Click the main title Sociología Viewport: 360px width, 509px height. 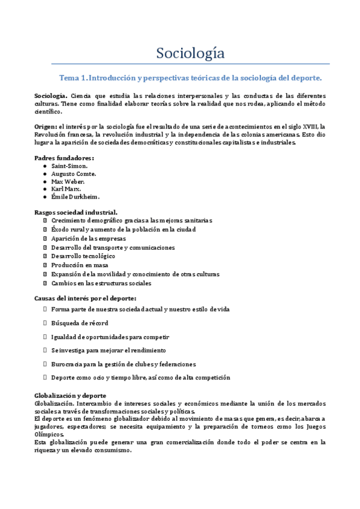coord(191,53)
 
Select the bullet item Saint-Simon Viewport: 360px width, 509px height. coord(70,166)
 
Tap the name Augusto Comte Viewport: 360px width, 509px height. coord(73,173)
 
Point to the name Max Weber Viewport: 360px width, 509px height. coord(68,181)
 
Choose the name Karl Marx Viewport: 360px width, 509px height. coord(65,189)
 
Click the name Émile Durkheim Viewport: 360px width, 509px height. coord(75,197)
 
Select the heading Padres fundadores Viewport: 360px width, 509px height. coord(64,157)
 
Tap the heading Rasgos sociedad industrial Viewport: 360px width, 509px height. coord(76,212)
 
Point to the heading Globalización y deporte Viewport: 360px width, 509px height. coord(71,396)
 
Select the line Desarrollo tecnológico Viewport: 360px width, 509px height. coord(83,256)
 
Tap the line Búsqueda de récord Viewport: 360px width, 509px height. coord(80,323)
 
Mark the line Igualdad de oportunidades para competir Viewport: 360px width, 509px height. coord(110,337)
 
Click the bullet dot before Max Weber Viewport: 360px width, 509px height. coord(46,181)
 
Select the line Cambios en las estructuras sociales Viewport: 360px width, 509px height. coord(101,283)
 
